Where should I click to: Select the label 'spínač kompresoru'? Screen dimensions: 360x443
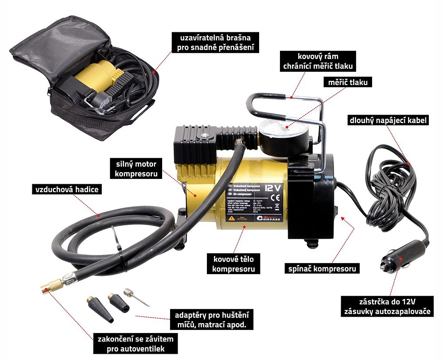click(321, 268)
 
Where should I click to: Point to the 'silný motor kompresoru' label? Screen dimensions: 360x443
click(136, 169)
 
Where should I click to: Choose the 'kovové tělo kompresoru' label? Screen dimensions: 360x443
click(233, 263)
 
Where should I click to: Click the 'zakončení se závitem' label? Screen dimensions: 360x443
click(135, 344)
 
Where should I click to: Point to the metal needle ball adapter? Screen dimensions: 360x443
click(135, 296)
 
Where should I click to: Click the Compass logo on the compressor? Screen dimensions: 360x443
click(262, 218)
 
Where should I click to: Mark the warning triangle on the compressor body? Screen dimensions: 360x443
click(231, 218)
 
